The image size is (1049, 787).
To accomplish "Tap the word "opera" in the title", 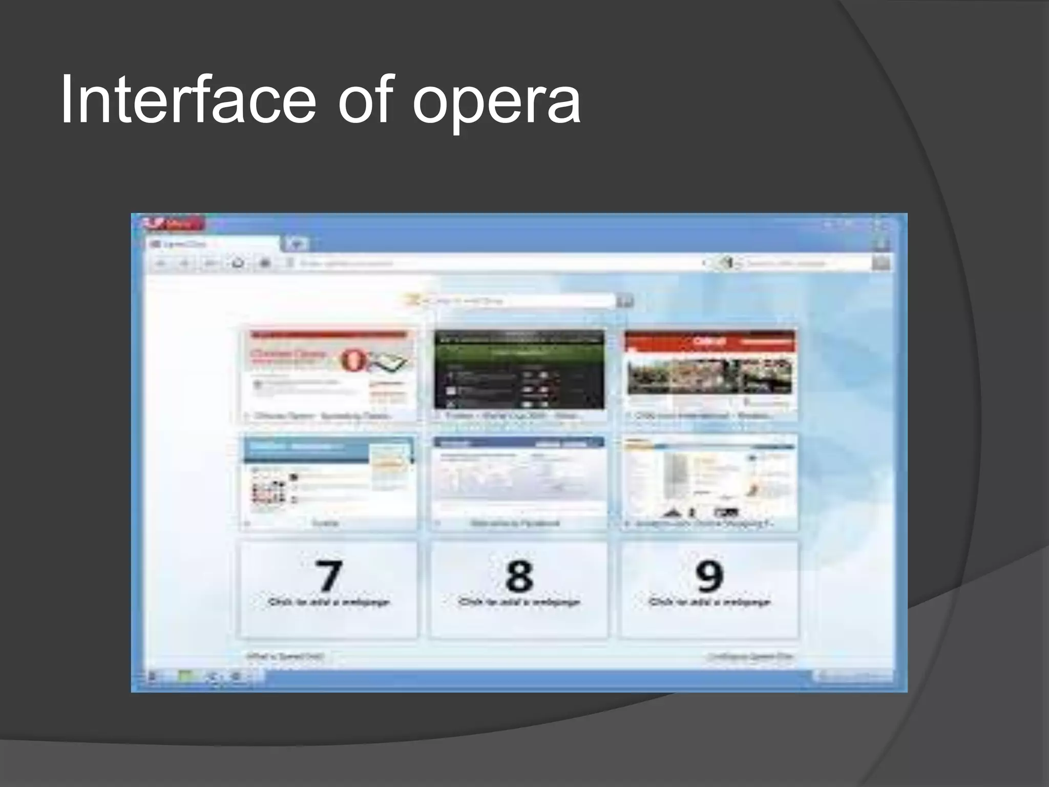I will [496, 102].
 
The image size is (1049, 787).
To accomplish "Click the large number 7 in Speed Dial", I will [328, 575].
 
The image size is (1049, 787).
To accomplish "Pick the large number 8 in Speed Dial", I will [519, 575].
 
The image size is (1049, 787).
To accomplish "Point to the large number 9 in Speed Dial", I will [709, 575].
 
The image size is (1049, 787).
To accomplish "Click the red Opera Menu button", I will [174, 224].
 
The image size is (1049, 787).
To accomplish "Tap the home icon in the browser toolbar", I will [238, 263].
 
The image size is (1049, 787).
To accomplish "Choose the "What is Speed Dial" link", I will [285, 656].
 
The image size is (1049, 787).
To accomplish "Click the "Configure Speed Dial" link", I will [750, 656].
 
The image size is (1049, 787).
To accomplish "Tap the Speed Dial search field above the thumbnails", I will [517, 301].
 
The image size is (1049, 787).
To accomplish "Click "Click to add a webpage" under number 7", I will [328, 602].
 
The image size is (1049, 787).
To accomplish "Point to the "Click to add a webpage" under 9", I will [709, 602].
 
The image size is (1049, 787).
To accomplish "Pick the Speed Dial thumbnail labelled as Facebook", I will [519, 482].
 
